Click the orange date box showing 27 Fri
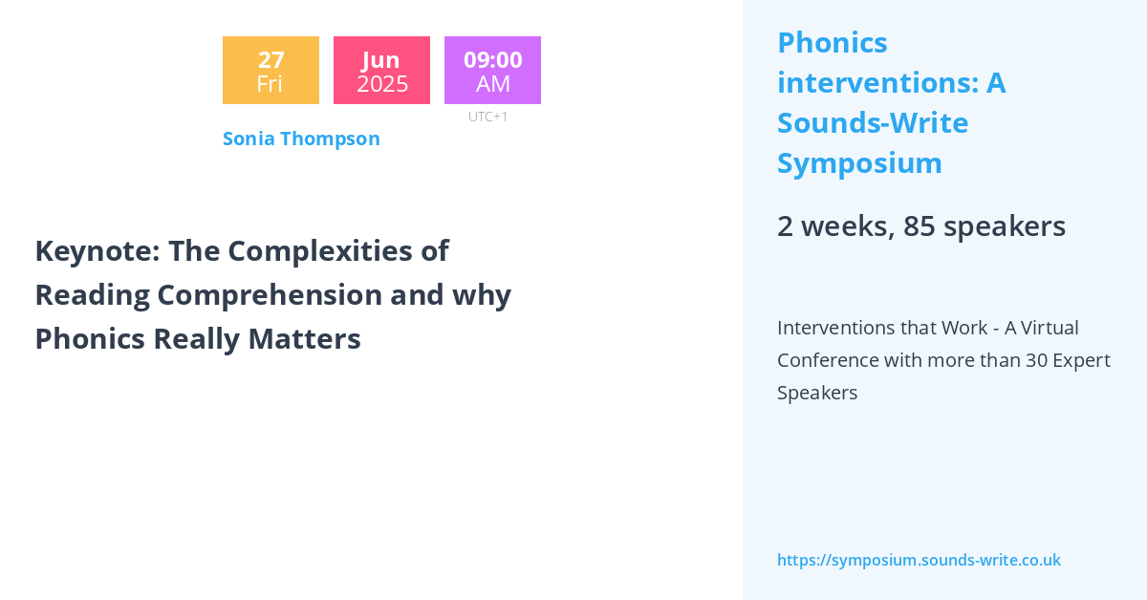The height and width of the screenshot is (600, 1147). [271, 71]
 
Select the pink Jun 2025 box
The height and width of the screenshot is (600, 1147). [381, 71]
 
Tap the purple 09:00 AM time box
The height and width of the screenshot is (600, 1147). [492, 71]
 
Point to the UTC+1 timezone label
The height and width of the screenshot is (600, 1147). [487, 117]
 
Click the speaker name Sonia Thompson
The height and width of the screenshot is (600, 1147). [301, 139]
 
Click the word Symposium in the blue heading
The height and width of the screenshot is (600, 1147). [859, 163]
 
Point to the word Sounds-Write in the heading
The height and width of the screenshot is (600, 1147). [873, 123]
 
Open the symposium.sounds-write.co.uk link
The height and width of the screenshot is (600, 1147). [919, 560]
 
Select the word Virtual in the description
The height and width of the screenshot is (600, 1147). [1049, 328]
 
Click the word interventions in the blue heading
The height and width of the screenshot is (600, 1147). [876, 83]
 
